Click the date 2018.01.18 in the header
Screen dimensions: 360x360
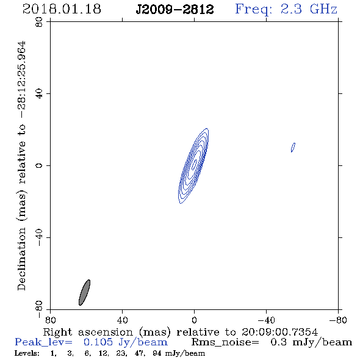(62, 9)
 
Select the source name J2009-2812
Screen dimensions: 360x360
(175, 10)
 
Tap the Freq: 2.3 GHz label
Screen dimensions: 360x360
(286, 9)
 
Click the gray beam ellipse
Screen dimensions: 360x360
(84, 292)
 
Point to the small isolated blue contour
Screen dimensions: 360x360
(293, 148)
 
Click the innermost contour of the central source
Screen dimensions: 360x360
(195, 165)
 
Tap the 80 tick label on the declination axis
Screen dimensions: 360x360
(39, 22)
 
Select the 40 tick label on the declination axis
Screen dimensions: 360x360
(39, 94)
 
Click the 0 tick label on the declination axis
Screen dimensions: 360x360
(39, 165)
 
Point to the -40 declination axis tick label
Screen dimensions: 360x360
(39, 237)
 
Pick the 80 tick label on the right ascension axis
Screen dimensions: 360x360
(50, 320)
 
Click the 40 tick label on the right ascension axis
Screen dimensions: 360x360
(122, 320)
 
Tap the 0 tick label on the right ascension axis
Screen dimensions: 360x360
(194, 320)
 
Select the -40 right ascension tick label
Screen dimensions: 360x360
(266, 320)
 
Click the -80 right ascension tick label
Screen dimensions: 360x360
(338, 320)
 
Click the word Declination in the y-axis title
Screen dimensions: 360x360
(21, 259)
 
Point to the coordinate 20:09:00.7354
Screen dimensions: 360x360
(279, 332)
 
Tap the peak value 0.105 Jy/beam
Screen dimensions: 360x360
(125, 342)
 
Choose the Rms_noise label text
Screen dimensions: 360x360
(225, 342)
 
